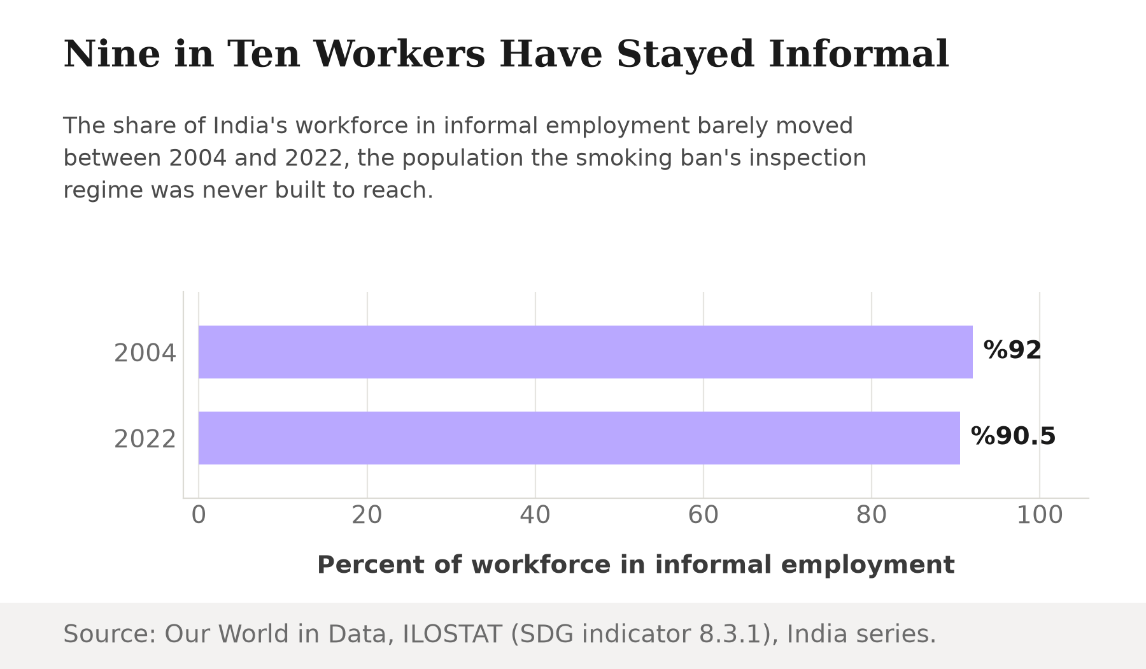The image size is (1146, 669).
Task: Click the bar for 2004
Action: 586,352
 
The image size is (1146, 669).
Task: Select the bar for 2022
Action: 579,438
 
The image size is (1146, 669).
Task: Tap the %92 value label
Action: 1012,350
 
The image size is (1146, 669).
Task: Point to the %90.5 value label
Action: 1013,436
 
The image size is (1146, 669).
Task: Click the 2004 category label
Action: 145,353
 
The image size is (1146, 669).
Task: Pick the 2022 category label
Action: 145,439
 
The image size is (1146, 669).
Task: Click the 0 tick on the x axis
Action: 199,515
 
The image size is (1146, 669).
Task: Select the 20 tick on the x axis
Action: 367,515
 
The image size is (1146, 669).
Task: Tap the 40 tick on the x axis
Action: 535,515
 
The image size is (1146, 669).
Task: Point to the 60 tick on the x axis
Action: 704,515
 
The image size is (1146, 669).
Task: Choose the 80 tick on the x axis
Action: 872,515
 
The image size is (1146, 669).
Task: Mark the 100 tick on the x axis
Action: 1040,515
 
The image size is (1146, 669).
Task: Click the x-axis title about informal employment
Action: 636,565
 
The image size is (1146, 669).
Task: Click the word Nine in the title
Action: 111,54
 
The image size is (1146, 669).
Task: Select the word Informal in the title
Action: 859,54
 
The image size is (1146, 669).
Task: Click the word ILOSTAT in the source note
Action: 452,635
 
